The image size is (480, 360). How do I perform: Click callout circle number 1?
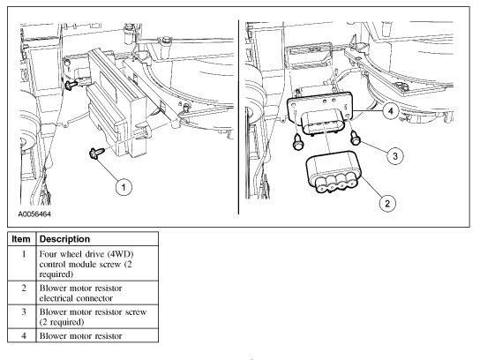pos(124,187)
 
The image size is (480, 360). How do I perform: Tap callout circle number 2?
pos(387,203)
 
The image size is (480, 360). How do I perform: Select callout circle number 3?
pos(395,156)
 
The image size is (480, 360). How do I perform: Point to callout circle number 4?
pos(390,111)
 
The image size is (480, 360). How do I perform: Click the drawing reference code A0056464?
pos(34,214)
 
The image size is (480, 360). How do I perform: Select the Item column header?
pos(21,239)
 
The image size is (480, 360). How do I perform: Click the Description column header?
pos(64,239)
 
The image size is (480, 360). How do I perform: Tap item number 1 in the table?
pos(24,254)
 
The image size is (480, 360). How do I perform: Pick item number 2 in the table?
pos(24,288)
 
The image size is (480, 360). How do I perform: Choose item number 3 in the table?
pos(24,311)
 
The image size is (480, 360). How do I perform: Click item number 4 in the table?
pos(24,335)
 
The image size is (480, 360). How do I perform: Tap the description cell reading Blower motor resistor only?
pos(81,336)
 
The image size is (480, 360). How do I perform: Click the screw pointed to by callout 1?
pos(96,153)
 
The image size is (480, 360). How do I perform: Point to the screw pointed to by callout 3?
pos(355,138)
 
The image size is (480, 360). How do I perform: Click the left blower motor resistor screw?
pos(298,142)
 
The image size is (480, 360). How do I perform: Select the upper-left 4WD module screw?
pos(72,84)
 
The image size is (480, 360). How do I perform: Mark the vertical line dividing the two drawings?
pos(238,117)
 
